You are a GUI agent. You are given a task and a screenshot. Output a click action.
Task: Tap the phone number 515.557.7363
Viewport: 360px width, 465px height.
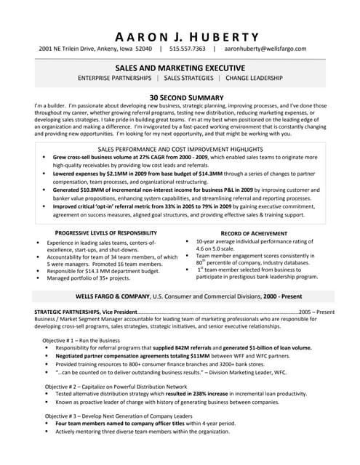(188, 49)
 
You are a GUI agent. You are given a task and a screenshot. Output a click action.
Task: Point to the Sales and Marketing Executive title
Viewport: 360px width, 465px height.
(180, 66)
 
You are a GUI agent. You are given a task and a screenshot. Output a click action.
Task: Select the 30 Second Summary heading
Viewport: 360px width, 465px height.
(180, 96)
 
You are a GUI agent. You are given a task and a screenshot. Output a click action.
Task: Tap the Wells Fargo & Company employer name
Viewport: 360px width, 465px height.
(113, 297)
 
